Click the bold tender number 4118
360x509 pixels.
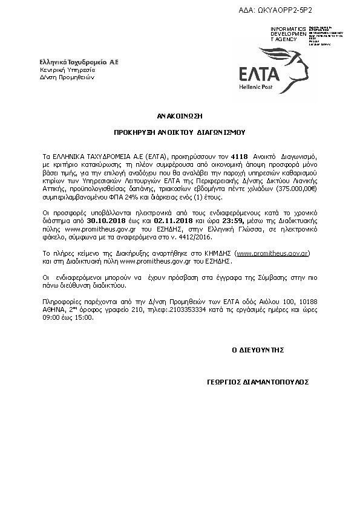[240, 149]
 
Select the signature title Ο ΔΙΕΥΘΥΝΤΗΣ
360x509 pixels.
[258, 350]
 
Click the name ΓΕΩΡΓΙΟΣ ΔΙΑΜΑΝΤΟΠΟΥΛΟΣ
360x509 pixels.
[258, 382]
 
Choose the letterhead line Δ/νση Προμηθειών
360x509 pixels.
[67, 77]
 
